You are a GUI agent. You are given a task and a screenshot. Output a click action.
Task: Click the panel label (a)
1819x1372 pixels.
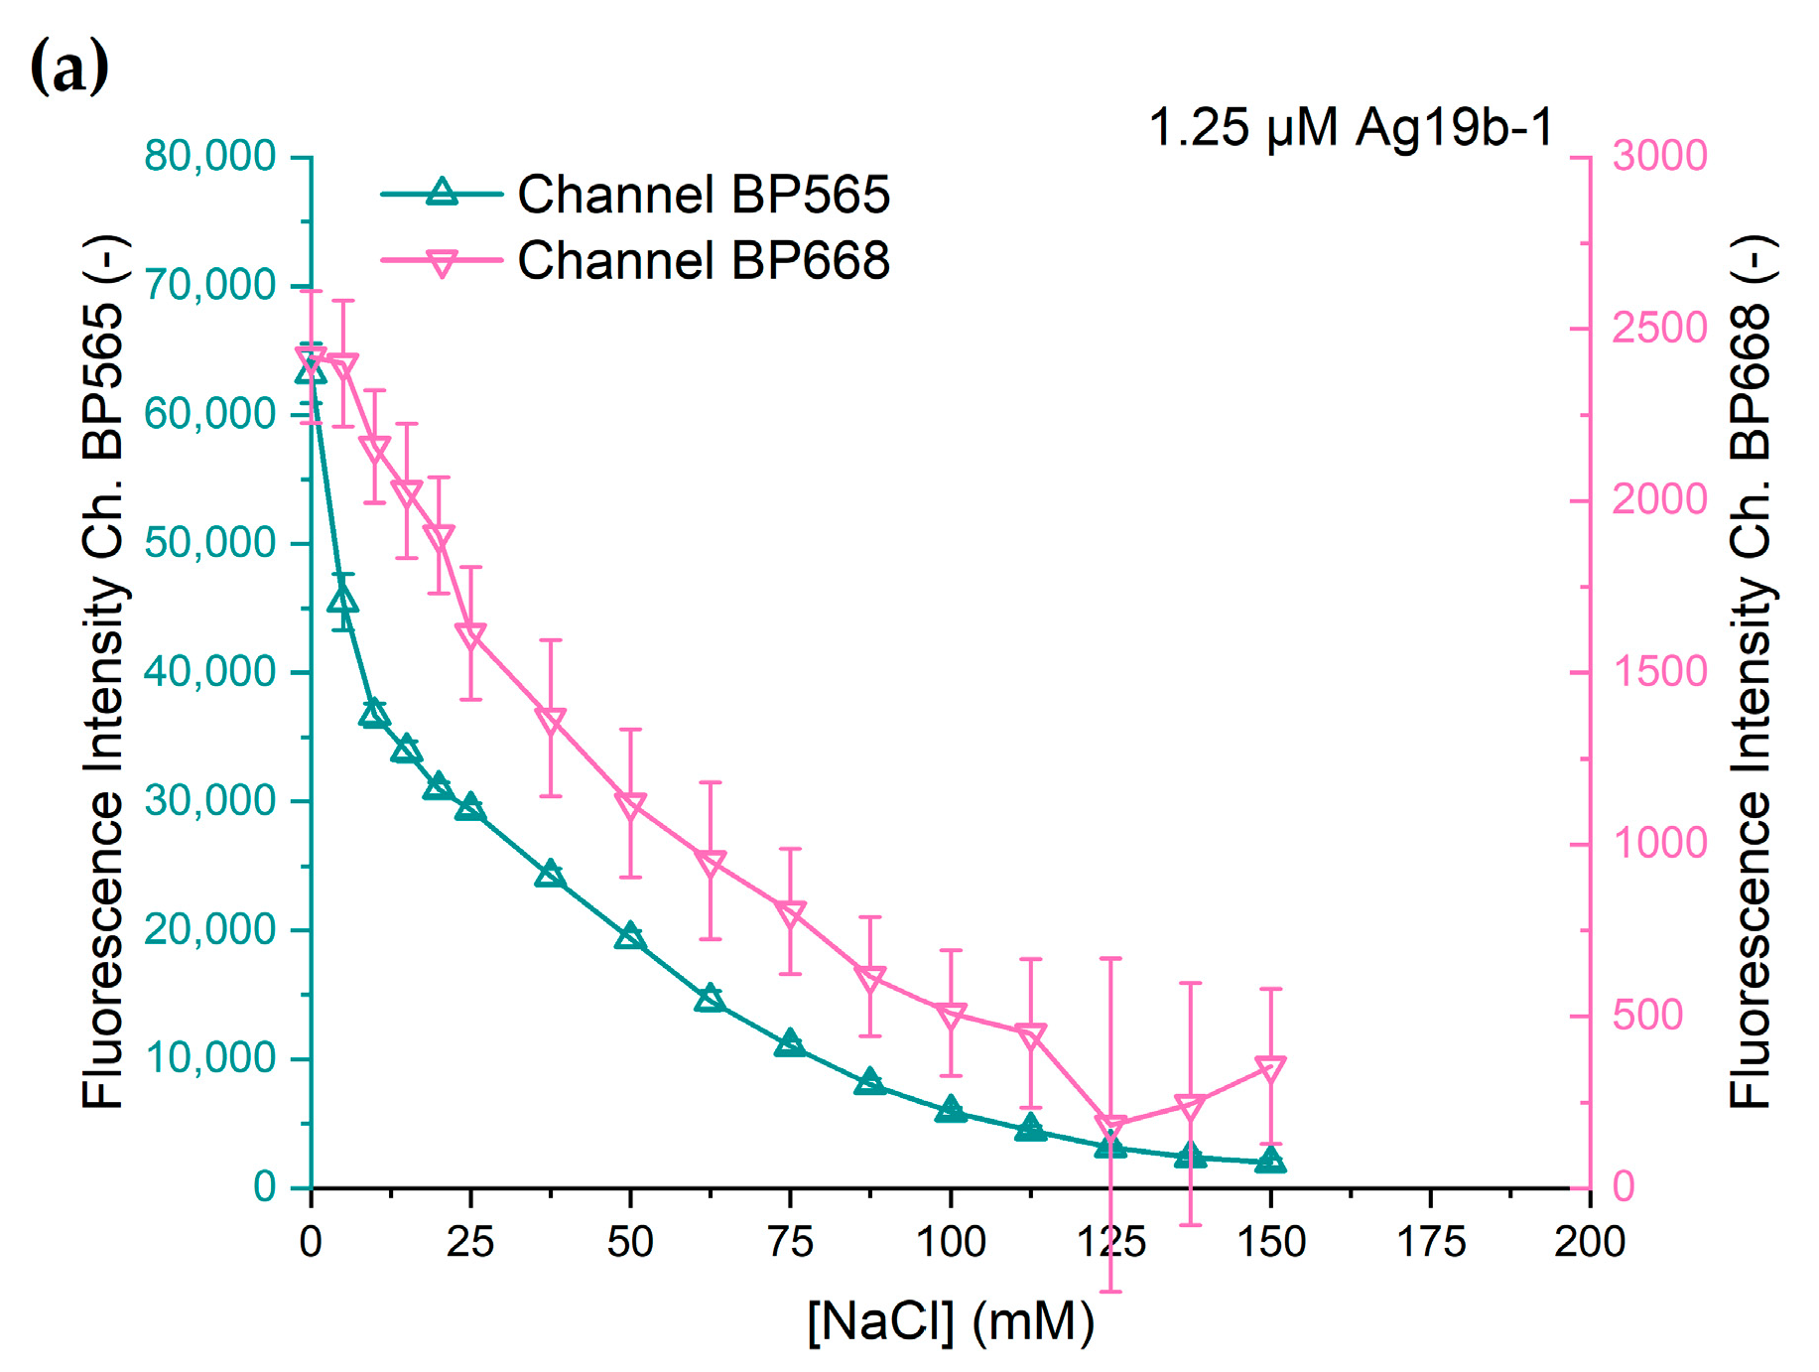coord(69,69)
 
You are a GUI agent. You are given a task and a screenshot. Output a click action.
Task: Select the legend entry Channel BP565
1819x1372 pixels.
coord(704,195)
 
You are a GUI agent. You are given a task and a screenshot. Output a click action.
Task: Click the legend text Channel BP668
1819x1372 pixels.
coord(704,261)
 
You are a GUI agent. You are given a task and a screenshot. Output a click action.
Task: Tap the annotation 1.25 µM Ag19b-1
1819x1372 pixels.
coord(1351,128)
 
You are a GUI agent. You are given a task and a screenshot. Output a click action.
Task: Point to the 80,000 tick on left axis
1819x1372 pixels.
coord(209,157)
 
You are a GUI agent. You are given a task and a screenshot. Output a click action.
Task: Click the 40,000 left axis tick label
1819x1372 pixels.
coord(209,672)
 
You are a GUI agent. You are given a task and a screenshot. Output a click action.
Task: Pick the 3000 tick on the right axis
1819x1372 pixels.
coord(1659,157)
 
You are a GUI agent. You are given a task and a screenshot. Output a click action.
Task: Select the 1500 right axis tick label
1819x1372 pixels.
coord(1659,672)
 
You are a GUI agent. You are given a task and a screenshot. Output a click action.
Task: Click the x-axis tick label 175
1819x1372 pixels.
coord(1430,1242)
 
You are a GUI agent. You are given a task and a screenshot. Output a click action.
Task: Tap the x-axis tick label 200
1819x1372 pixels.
coord(1589,1242)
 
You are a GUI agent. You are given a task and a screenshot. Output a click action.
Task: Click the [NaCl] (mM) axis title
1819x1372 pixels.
coord(950,1321)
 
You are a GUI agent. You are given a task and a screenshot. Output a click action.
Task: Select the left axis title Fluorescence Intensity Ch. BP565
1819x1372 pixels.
coord(103,672)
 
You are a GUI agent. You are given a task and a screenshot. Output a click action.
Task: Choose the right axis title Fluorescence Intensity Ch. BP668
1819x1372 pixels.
coord(1751,672)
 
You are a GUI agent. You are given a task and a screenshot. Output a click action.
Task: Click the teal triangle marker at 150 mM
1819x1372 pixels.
coord(1270,1161)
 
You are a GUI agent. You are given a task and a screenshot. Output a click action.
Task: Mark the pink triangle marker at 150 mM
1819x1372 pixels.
coord(1270,1068)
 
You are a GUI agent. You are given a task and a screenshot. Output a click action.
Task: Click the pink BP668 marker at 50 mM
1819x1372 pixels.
coord(630,805)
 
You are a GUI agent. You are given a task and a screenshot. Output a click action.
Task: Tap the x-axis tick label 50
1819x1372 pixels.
coord(630,1242)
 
